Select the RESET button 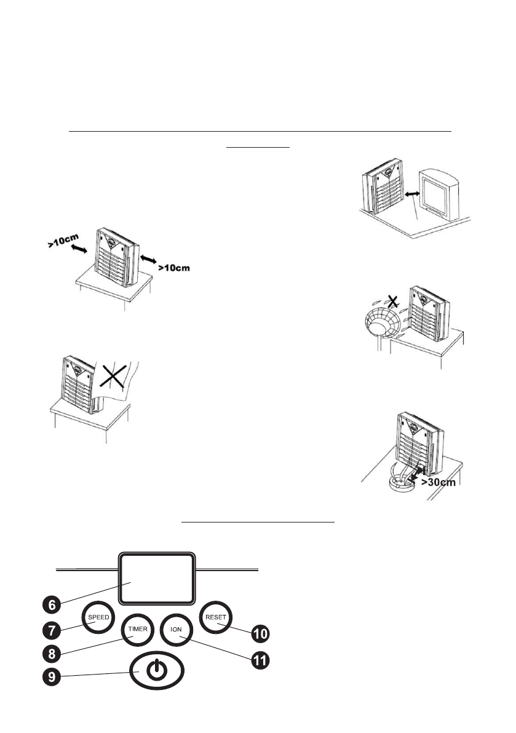tap(215, 616)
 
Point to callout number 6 tap(52, 605)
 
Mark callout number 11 tap(261, 661)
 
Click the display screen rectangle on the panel tap(156, 577)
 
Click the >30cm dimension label tap(439, 482)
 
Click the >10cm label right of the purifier tap(174, 268)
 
